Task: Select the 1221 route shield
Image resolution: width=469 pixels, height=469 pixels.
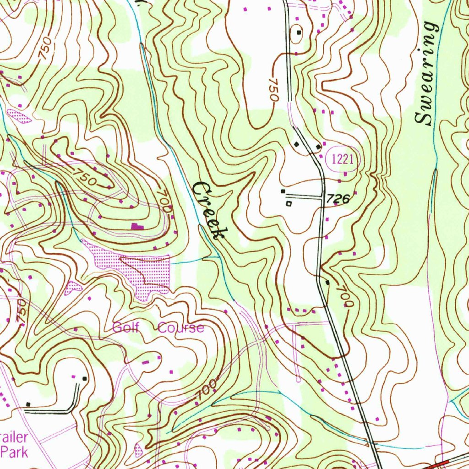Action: (342, 159)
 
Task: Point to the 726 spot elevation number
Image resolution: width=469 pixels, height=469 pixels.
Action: (338, 198)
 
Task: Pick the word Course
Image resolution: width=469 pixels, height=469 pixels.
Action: (181, 328)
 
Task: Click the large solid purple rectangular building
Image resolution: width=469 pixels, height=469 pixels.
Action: (136, 226)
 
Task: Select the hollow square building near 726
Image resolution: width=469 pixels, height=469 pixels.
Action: (289, 203)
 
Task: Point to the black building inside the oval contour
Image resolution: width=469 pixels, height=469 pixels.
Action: (299, 32)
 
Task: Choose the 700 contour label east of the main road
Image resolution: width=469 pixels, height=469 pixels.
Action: (346, 296)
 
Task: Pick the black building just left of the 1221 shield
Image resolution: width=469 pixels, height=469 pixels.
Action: (318, 147)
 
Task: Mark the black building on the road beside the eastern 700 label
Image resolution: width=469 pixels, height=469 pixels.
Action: (327, 282)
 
